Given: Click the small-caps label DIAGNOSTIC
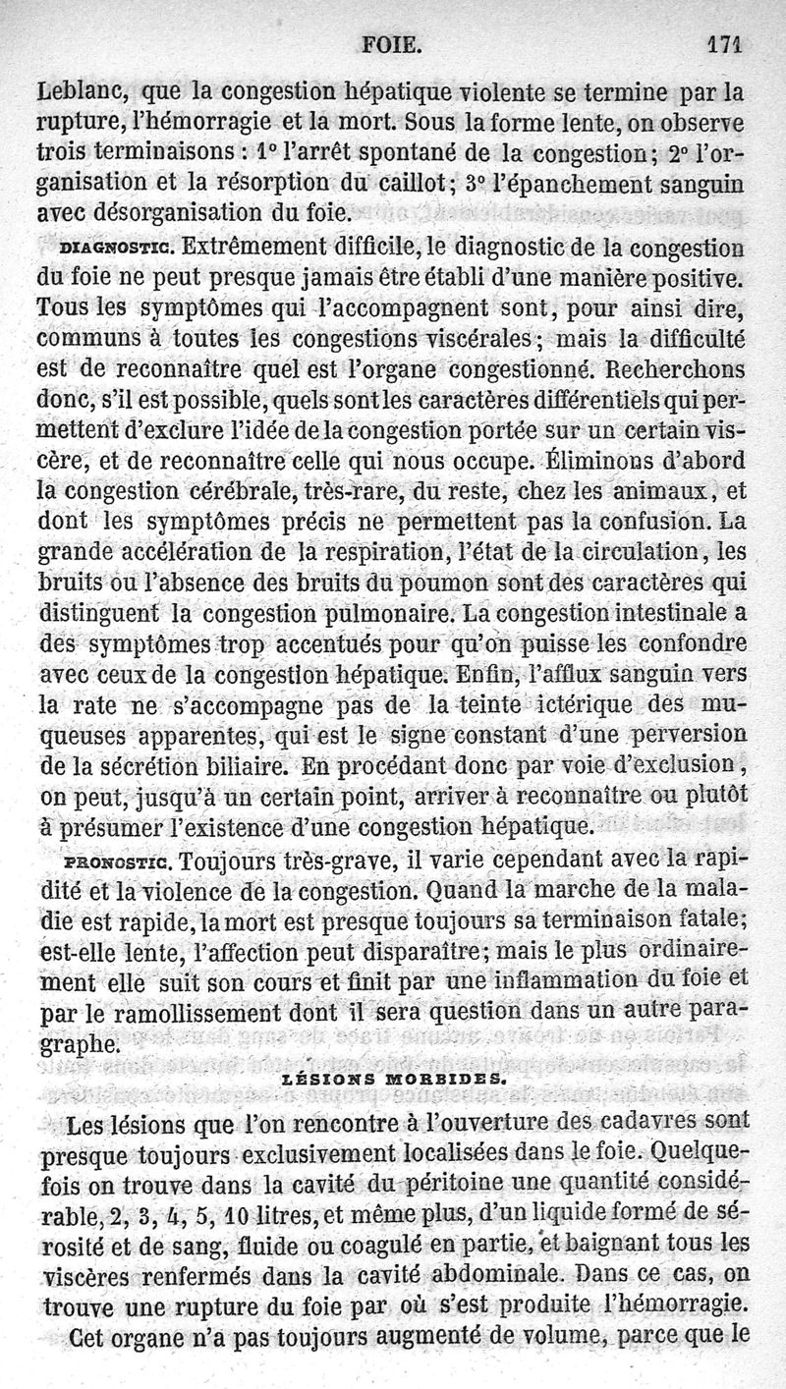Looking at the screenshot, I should (x=116, y=248).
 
